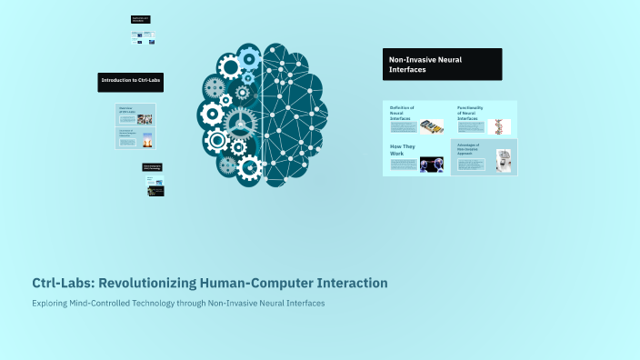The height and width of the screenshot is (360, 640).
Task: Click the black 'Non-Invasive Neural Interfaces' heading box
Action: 442,65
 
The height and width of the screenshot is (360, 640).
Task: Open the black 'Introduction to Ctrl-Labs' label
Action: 131,81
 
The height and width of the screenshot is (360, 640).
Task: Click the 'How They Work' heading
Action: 402,150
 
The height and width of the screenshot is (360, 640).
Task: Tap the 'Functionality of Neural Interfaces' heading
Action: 470,112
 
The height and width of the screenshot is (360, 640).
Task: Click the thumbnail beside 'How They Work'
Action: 431,165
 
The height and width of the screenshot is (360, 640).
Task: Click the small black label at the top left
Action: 141,18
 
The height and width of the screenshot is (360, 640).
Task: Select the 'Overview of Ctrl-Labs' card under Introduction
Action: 135,115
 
